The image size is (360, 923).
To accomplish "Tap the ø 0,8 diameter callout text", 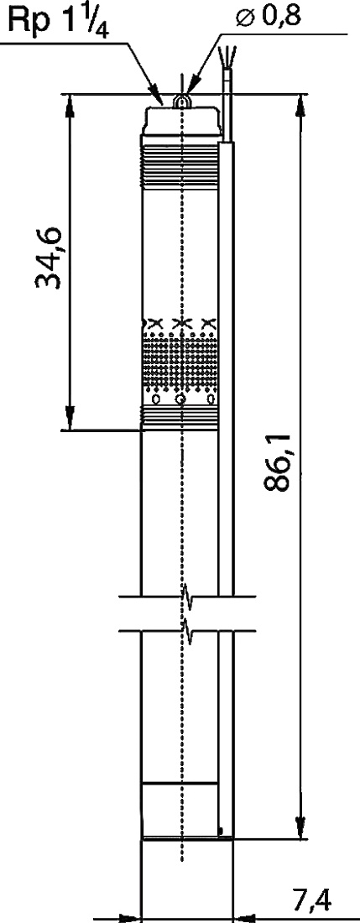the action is (269, 17).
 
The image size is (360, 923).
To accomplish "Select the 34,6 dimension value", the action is (48, 257).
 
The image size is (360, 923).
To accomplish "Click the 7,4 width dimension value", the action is (311, 900).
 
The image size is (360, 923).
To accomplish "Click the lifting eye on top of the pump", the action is (181, 102).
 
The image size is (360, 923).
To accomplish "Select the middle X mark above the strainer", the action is (182, 322).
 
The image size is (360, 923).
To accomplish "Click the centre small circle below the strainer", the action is (181, 400).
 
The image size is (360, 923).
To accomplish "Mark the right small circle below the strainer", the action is (211, 400).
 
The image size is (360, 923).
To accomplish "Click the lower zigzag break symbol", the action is (189, 631).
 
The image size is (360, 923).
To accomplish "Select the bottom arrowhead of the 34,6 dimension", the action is (70, 418).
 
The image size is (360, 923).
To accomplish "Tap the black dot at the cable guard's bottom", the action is (222, 832).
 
